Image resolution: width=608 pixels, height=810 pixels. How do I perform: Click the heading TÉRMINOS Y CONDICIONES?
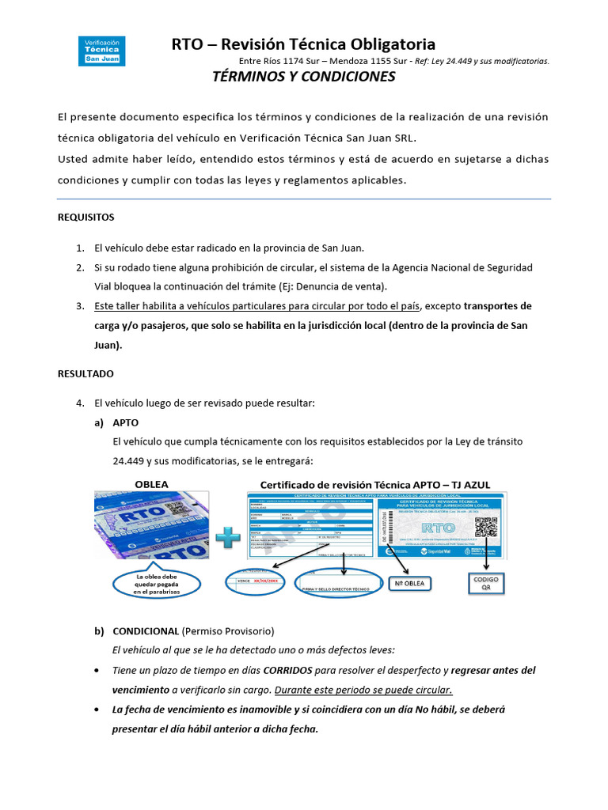coord(304,77)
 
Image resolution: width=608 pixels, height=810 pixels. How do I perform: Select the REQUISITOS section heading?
coord(86,217)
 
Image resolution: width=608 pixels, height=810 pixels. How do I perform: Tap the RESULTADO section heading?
coord(85,373)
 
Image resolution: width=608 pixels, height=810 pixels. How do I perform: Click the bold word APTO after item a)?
coord(126,423)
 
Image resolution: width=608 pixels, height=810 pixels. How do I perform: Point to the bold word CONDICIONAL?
coord(146,631)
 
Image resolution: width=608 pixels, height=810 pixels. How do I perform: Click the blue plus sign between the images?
coord(228,539)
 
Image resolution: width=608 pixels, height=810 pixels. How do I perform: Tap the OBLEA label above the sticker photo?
coord(150,483)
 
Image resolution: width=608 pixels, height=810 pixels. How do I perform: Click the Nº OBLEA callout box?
coord(410,584)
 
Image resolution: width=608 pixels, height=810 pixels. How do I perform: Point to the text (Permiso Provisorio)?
coord(228,631)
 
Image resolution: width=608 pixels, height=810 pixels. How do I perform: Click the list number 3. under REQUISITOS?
coord(80,306)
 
